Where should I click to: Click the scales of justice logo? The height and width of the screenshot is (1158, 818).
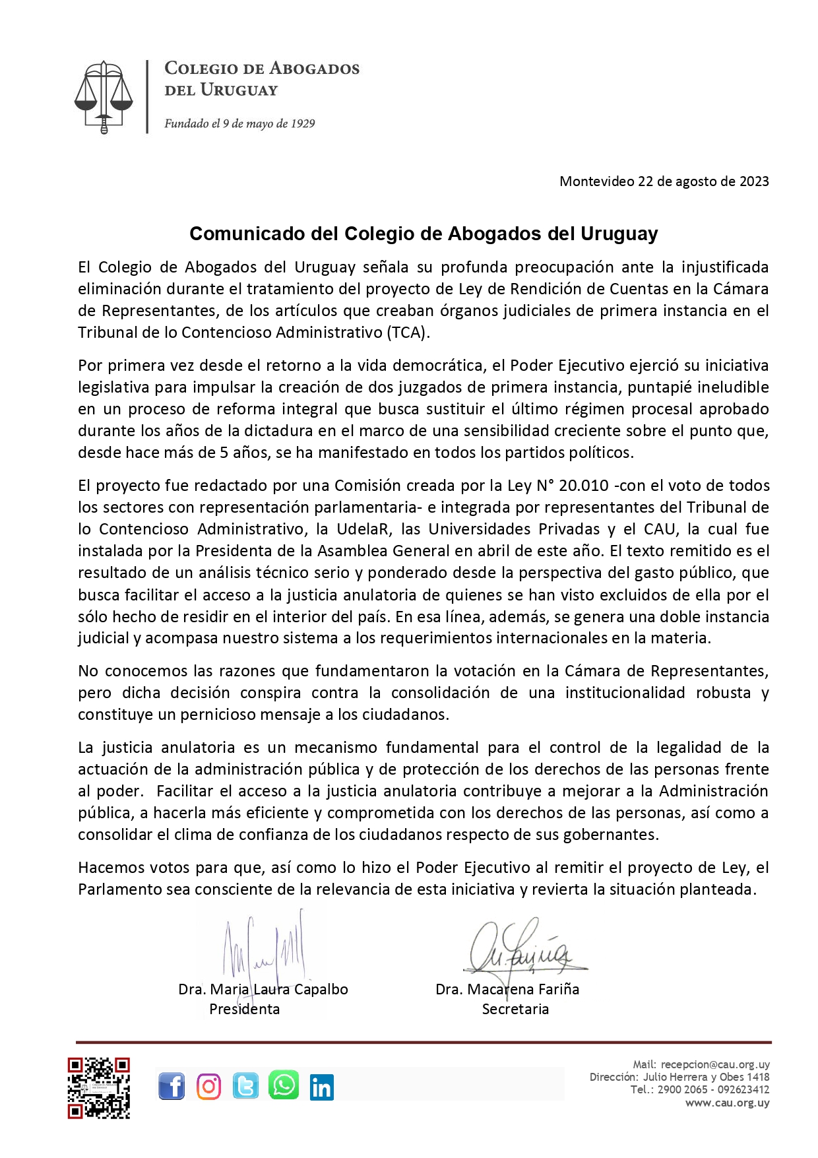click(x=104, y=96)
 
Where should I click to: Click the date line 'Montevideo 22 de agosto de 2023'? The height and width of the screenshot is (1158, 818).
click(x=664, y=181)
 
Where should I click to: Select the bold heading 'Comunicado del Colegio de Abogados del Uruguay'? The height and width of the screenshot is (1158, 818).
click(x=424, y=234)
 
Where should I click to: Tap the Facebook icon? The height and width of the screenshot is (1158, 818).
click(x=172, y=1086)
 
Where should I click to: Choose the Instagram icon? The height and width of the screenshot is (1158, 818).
click(x=209, y=1086)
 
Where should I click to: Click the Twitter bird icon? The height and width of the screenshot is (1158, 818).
click(x=245, y=1086)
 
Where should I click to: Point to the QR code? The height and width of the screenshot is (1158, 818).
click(x=98, y=1088)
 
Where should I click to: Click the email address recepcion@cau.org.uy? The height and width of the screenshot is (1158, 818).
click(x=715, y=1064)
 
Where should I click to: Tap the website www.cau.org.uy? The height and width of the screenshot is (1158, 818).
click(x=727, y=1103)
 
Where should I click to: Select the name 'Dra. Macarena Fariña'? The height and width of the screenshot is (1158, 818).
click(x=507, y=990)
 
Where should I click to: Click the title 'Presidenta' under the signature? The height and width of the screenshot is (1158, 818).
click(x=244, y=1009)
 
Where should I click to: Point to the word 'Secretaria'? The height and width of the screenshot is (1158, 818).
click(x=515, y=1009)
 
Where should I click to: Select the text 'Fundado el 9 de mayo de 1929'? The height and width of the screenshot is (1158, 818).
click(x=239, y=123)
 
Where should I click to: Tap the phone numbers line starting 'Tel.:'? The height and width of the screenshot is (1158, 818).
click(x=699, y=1089)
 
